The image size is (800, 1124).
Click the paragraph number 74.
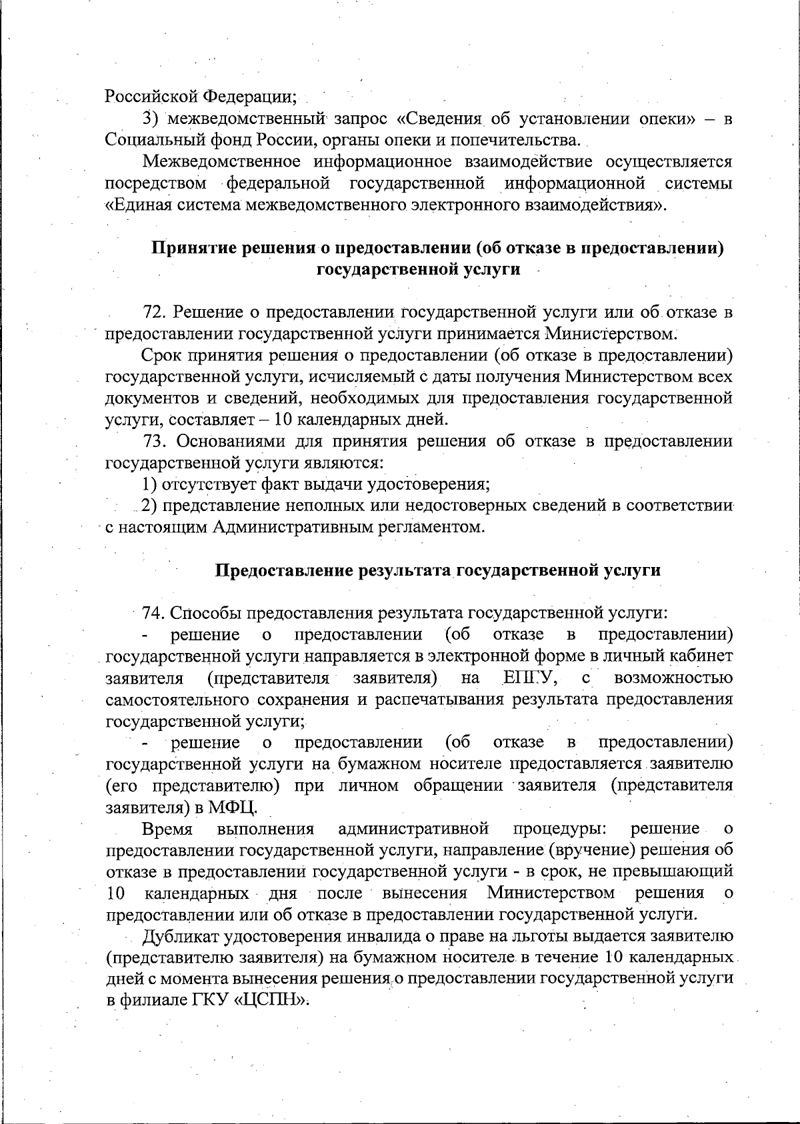[153, 613]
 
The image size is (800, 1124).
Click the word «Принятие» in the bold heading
[192, 248]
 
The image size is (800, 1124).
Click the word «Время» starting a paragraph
[167, 829]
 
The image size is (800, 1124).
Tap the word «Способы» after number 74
[203, 613]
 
